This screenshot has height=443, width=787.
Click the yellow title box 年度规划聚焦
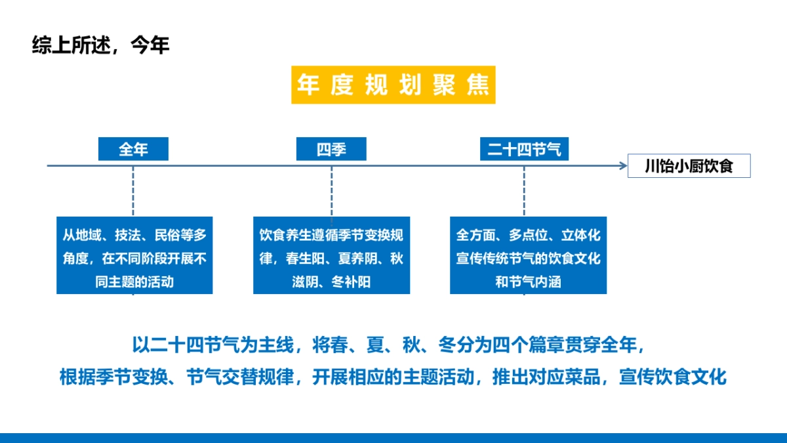(393, 85)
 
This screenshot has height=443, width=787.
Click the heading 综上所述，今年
(100, 45)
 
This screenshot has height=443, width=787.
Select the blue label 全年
(133, 149)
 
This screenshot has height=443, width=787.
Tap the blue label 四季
(331, 149)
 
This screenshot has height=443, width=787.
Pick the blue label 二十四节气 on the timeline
(524, 149)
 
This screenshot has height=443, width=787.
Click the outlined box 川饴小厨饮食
(688, 166)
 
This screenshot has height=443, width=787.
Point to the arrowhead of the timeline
(623, 166)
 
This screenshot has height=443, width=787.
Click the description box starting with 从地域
(134, 255)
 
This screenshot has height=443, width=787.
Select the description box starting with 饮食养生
(331, 255)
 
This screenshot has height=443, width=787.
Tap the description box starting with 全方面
(528, 255)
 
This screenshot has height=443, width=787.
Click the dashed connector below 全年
(133, 191)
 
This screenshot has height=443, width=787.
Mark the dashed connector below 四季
(331, 191)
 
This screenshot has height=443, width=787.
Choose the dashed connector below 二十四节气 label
(524, 191)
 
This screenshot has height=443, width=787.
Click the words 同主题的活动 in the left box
(134, 282)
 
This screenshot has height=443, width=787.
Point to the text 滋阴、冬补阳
(331, 282)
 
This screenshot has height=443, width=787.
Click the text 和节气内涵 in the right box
(528, 282)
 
